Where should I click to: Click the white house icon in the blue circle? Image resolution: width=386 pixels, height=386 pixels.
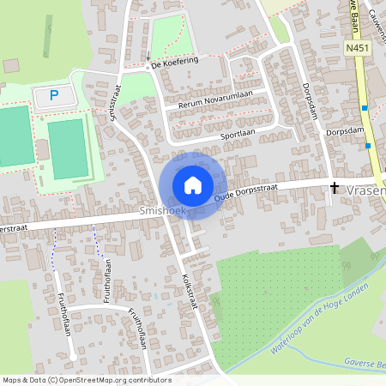(193, 185)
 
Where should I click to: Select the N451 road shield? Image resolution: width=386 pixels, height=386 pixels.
(358, 50)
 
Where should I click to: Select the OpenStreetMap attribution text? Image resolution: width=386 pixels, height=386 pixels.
(86, 380)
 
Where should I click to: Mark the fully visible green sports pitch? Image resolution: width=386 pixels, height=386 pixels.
(67, 148)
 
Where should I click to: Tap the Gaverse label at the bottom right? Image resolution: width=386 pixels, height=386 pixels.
(365, 364)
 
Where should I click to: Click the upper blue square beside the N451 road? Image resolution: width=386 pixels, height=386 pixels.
(365, 108)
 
